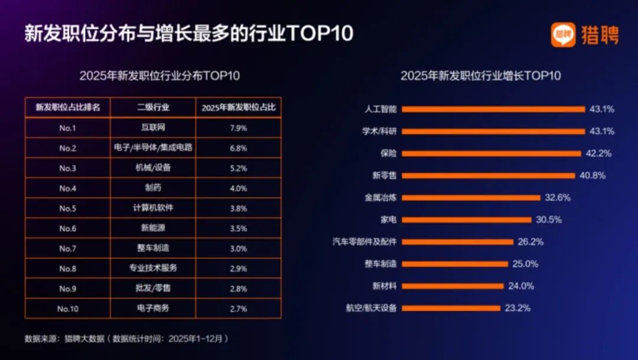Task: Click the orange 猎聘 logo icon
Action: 563,35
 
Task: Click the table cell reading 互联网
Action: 153,128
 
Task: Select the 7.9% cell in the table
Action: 239,128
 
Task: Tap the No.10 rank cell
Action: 68,309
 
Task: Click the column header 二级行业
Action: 153,108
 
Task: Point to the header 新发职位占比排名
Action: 68,108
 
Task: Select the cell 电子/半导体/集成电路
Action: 153,148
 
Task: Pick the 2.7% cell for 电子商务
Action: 239,309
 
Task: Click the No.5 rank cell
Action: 68,208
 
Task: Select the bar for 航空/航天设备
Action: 453,308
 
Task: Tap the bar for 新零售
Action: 489,176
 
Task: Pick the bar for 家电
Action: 468,220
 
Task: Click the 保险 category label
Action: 389,154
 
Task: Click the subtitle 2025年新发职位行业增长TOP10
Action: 480,76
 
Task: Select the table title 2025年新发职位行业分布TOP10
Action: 159,76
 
